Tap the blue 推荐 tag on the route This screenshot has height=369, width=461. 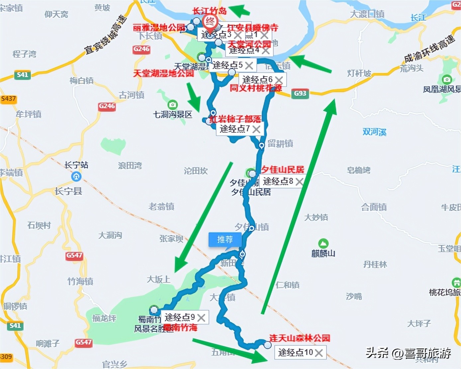coord(225,239)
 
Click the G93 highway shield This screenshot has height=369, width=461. coord(300,94)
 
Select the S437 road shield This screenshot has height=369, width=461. coord(8,99)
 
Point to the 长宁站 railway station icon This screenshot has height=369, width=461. coord(76,177)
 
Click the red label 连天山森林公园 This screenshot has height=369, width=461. coord(300,338)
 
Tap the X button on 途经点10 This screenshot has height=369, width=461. coord(319,353)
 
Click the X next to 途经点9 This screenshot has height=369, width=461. coord(201,318)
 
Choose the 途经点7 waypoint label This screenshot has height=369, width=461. coord(235,129)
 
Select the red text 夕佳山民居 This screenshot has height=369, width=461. coord(283,170)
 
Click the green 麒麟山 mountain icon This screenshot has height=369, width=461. coord(323,243)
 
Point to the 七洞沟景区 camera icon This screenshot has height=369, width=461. coord(172,105)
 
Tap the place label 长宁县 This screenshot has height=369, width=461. coord(68,191)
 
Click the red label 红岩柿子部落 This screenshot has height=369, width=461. coord(235,119)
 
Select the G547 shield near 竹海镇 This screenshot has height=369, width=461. coord(74,256)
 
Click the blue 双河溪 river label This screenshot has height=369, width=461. coord(374,132)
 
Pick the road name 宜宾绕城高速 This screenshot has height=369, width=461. coord(106,35)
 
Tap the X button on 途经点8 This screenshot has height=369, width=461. coord(299,182)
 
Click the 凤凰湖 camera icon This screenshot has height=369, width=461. coord(447,79)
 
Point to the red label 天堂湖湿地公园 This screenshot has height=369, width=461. coord(163,73)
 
